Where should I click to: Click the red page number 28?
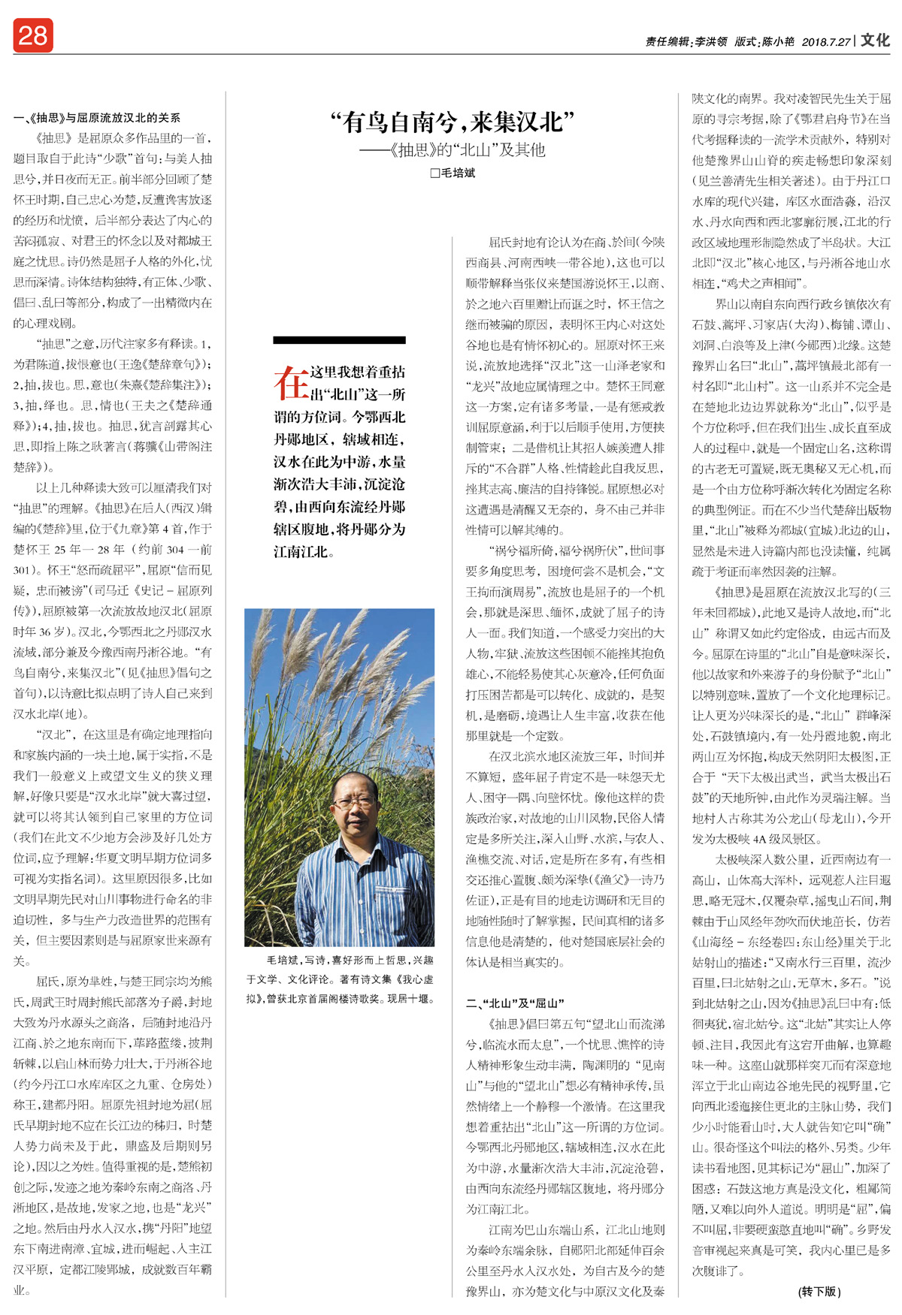[32, 35]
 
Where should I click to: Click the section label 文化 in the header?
[875, 40]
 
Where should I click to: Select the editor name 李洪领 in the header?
[710, 42]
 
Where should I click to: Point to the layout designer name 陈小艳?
[778, 42]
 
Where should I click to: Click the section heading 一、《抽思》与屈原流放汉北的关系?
[97, 117]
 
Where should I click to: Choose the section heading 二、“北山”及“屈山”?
[515, 1003]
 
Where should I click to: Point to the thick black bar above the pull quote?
[339, 340]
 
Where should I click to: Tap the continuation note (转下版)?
[819, 1291]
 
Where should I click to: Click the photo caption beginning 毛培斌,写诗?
[339, 960]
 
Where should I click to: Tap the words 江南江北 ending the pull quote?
[301, 552]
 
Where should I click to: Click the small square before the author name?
[434, 173]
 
